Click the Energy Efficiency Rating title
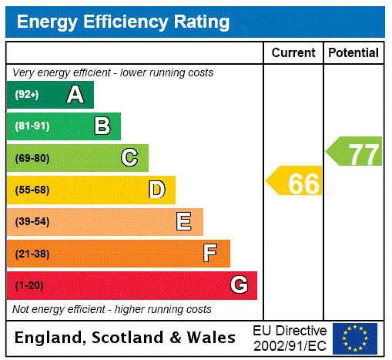pos(123,22)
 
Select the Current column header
pos(293,52)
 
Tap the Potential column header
pos(353,52)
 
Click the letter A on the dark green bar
pos(75,95)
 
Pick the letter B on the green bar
pos(102,126)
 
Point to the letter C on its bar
pos(129,158)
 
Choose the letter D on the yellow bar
pos(156,190)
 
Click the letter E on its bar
pos(184,222)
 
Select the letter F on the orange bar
pos(210,254)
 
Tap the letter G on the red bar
pos(239,285)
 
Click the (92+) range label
pos(27,95)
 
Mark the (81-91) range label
pos(32,126)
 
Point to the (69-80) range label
pos(32,158)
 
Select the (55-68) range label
pos(32,190)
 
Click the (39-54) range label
pos(32,222)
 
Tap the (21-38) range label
pos(32,254)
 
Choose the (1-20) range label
pos(29,285)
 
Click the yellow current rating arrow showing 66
pos(295,183)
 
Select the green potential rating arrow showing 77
pos(355,152)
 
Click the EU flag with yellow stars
pos(355,338)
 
